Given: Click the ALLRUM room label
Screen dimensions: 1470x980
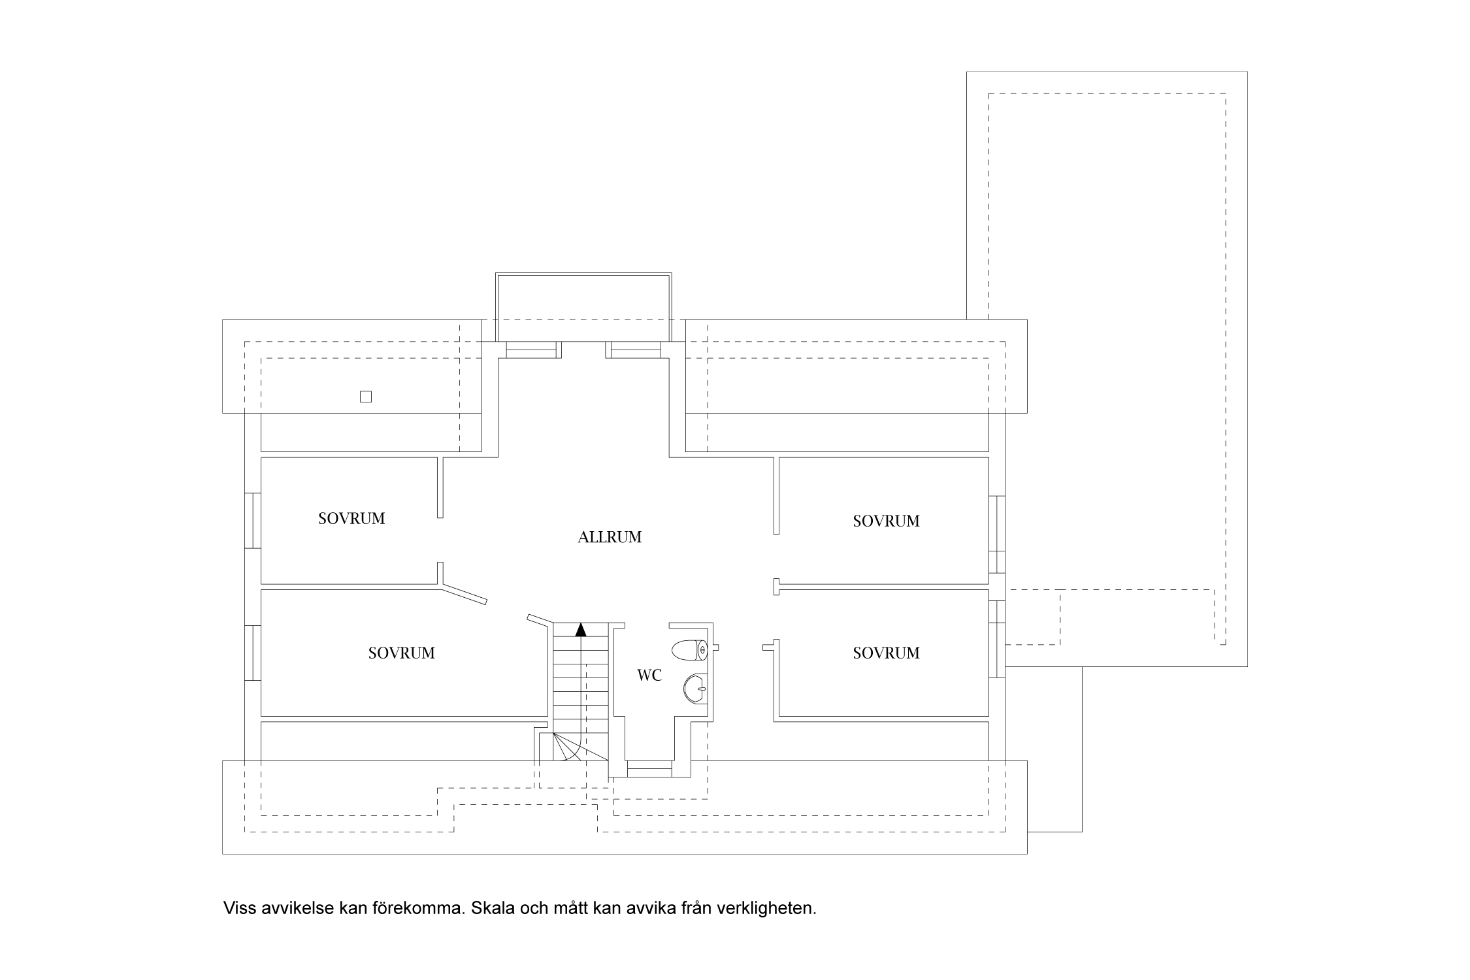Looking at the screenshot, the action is pos(610,537).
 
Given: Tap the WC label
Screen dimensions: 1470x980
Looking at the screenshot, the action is pos(649,676).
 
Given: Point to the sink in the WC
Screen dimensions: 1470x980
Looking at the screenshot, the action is pos(695,687).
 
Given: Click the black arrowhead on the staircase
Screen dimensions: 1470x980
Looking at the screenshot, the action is pos(580,630).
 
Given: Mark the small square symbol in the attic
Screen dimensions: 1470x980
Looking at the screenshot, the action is pos(366,397).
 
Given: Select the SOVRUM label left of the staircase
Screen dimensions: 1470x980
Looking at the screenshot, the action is pos(401,653).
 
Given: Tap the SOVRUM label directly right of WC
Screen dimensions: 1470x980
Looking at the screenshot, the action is pos(886,653).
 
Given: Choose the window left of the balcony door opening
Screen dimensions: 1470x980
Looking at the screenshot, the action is pos(530,350).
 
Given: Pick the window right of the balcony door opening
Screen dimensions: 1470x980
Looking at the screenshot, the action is pos(635,350).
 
